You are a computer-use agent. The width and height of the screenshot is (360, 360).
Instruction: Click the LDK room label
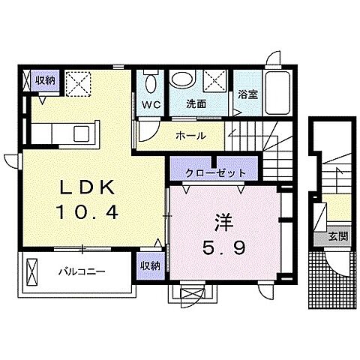82,188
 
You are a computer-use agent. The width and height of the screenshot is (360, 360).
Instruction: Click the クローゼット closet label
216,172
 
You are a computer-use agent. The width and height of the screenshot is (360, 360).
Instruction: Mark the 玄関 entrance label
337,235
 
